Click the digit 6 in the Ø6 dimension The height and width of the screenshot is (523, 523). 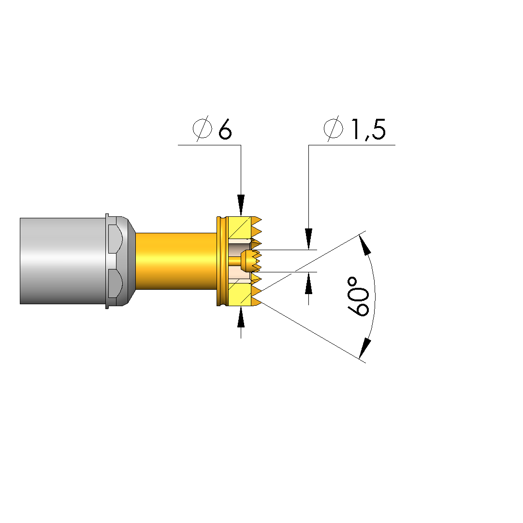coord(225,129)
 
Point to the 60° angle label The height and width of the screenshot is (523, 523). coord(358,296)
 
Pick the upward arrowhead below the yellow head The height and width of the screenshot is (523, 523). coord(241,317)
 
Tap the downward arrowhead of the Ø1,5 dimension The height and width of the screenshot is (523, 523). coord(309,239)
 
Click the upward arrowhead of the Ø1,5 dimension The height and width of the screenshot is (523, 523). coord(309,283)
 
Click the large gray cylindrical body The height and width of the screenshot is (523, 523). coord(63,261)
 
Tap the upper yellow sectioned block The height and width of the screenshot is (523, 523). coord(240,227)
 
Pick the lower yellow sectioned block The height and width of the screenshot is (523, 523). coord(240,295)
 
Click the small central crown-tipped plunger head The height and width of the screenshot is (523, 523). coord(251,261)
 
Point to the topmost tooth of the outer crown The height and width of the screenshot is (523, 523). coord(256,220)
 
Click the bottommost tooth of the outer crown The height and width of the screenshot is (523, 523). coord(256,302)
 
